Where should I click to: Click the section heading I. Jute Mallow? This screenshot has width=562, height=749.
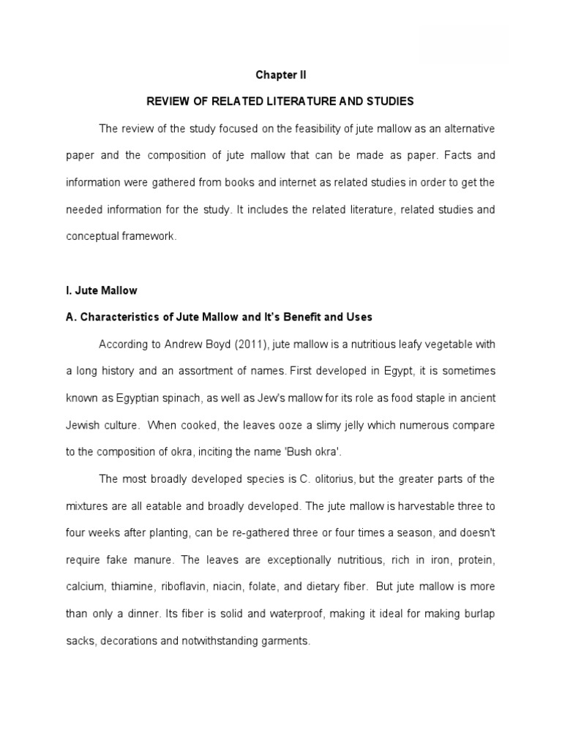101,290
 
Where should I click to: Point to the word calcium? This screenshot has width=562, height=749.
83,587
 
